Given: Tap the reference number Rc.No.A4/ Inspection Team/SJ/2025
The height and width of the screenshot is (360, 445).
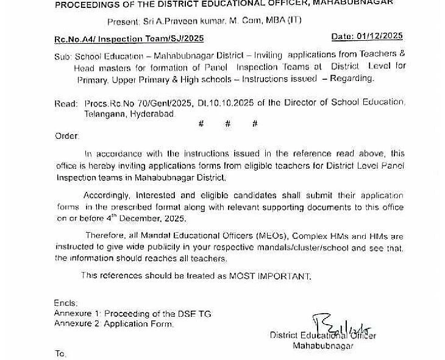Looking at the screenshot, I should coord(129,40).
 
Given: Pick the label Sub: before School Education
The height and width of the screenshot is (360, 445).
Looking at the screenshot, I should coord(63,55).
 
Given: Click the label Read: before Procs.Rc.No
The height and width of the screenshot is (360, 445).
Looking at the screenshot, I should coord(66,104).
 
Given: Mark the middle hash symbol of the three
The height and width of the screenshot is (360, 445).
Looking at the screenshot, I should coord(228,124).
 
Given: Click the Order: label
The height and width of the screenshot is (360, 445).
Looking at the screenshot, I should coord(66,136).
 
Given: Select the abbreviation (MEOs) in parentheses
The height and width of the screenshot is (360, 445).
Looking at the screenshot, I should coord(272,236).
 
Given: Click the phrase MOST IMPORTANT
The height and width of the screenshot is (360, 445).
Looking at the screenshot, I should coord(269,277).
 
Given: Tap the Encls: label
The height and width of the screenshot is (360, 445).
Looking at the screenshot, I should coord(65,303).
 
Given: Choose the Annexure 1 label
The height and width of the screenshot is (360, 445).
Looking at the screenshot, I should coord(77,314).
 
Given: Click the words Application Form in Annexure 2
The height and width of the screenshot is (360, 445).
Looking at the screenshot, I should coord(138,324).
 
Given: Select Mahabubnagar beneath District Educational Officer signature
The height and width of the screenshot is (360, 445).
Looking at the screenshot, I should coord(322,346).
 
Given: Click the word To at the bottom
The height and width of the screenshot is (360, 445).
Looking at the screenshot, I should coord(60,354).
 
